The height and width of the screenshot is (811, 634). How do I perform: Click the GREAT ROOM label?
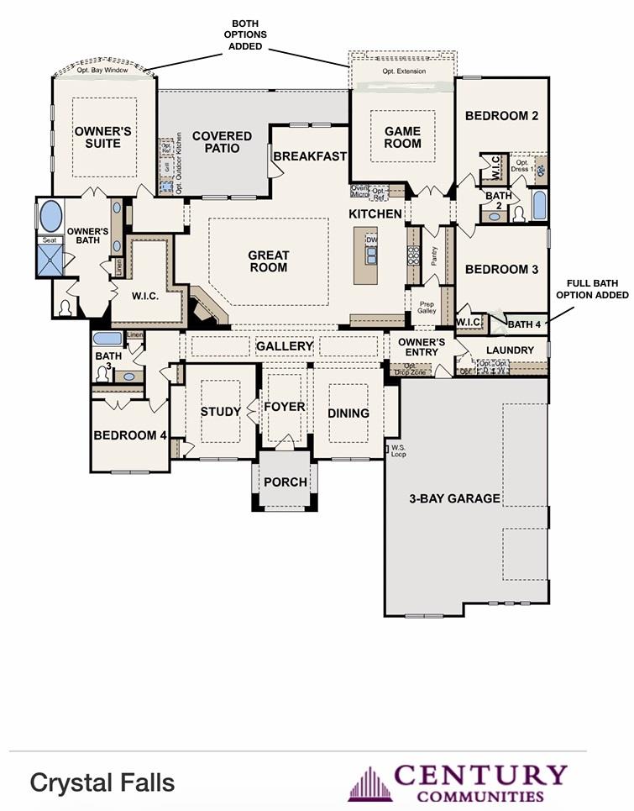click(x=268, y=261)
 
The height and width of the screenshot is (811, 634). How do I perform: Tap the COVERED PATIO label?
click(x=222, y=142)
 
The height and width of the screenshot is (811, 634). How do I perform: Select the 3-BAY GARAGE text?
click(x=454, y=498)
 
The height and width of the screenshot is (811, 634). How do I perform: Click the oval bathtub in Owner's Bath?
click(x=50, y=216)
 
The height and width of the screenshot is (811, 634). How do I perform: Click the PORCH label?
click(x=286, y=482)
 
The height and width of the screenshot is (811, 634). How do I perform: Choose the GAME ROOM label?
click(x=402, y=137)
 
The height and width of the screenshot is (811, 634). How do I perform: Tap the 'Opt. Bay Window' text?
click(x=103, y=71)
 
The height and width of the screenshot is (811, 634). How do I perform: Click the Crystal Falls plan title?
click(x=102, y=782)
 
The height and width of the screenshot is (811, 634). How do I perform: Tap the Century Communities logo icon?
click(x=369, y=784)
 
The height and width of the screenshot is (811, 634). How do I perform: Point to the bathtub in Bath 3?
click(x=107, y=340)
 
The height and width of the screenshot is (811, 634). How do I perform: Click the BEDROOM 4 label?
click(x=130, y=435)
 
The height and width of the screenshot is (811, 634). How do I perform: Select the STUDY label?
click(x=221, y=412)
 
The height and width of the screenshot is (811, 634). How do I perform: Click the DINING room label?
click(x=348, y=413)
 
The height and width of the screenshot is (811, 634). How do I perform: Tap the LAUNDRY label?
click(x=510, y=350)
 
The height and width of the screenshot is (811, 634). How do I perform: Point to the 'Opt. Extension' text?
click(x=404, y=71)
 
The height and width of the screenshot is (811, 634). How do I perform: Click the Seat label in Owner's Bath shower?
click(x=50, y=240)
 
